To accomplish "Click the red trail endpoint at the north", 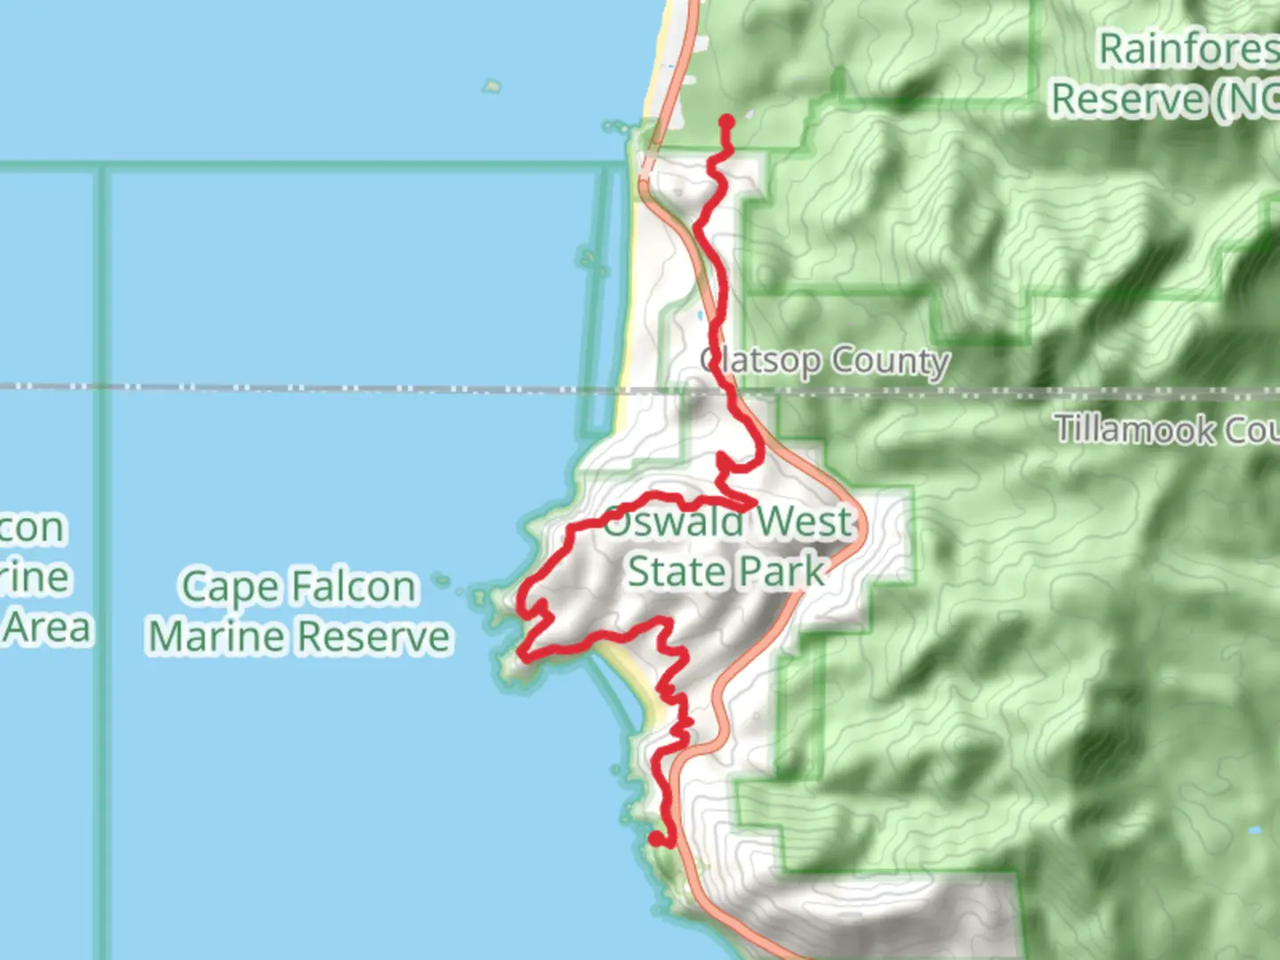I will pos(727,122).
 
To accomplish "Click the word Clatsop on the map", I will pos(761,361).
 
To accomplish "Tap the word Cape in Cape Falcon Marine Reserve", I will pos(229,588).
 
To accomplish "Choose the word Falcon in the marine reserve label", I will pos(354,588).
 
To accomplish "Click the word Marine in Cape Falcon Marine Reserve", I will pos(219,637).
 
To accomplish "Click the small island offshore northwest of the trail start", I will pos(492,86).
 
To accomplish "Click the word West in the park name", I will pos(804,522).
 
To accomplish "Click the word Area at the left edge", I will pos(49,628).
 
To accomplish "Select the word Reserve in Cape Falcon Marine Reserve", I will pos(373,637).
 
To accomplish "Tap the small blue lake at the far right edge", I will pos(1254,831).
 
